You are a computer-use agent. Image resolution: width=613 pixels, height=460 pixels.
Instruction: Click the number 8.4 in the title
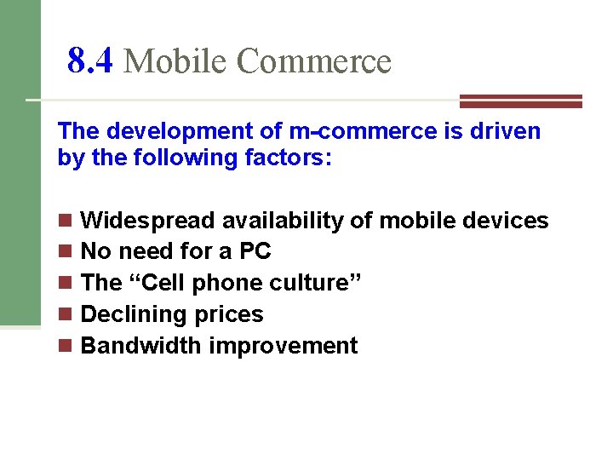[x=89, y=61]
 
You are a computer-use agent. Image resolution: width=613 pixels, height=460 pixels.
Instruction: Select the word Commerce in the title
[x=313, y=61]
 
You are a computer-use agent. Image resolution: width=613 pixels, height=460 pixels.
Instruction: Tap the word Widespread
[x=147, y=221]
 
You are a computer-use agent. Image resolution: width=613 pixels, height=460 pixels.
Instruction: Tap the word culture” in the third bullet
[x=316, y=284]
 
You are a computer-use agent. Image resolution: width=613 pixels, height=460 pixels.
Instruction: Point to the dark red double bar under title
[x=520, y=101]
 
